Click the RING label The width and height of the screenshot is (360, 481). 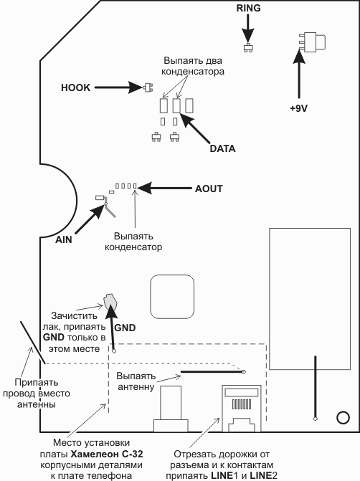tap(248, 8)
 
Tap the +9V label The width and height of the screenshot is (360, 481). tap(298, 108)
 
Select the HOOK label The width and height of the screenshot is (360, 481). tap(76, 87)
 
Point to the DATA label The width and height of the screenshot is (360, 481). tap(222, 148)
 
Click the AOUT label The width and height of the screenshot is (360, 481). tap(209, 189)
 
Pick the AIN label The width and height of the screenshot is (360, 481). tap(64, 239)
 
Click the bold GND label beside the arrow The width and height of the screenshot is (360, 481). tap(125, 328)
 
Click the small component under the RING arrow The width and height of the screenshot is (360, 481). tap(248, 48)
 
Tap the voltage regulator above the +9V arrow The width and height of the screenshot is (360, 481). tap(312, 42)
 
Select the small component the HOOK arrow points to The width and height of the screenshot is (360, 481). tap(148, 87)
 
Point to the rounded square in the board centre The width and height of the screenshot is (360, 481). tap(172, 297)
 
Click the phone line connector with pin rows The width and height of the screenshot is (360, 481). tap(241, 409)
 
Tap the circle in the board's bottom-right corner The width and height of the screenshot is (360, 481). tap(343, 417)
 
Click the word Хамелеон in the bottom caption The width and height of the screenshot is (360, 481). tap(92, 454)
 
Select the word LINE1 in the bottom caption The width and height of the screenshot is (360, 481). tap(222, 476)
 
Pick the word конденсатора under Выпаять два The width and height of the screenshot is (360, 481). tap(193, 72)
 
